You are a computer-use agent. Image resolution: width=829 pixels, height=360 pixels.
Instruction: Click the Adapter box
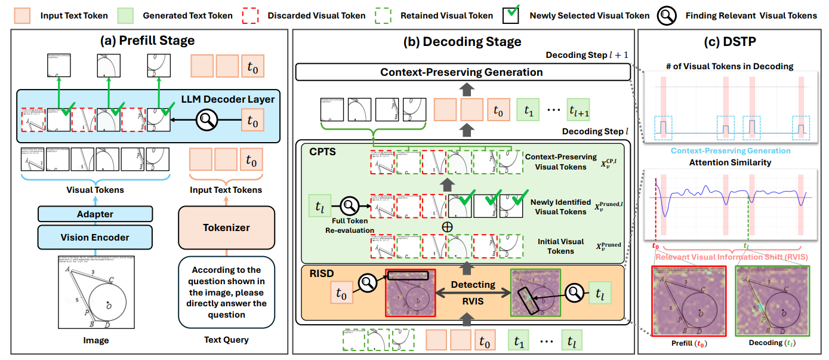(x=95, y=214)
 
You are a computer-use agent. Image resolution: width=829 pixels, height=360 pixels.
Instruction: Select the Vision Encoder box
(x=95, y=237)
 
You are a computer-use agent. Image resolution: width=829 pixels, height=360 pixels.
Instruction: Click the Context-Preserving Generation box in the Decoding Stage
(x=463, y=72)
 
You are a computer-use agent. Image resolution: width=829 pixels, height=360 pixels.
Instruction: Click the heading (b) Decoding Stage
(x=463, y=41)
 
